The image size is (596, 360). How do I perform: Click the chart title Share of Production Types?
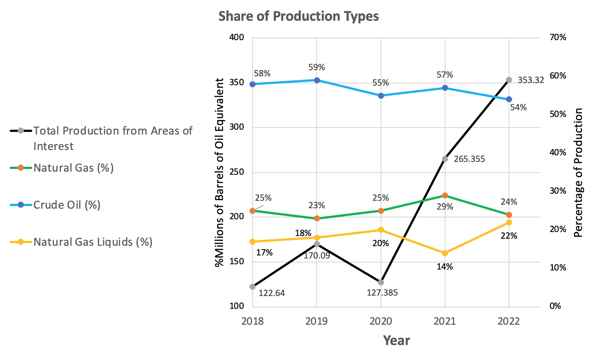[x=299, y=16]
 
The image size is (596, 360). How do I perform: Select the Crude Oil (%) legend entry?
[x=67, y=205]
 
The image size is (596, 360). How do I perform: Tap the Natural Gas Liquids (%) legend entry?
[x=93, y=242]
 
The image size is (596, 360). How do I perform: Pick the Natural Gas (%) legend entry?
[x=73, y=168]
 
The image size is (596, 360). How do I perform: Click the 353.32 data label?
[x=531, y=80]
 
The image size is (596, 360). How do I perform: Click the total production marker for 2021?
[x=445, y=159]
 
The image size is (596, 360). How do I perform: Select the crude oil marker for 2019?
[x=317, y=80]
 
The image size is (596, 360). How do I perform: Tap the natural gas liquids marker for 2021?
[x=445, y=253]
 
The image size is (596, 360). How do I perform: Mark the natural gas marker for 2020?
[x=381, y=210]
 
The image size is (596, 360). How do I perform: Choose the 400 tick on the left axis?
[x=238, y=38]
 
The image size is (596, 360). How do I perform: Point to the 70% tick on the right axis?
[x=558, y=38]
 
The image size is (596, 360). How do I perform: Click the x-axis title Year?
[x=396, y=341]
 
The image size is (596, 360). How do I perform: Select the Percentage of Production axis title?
[x=578, y=172]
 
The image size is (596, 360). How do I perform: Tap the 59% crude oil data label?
[x=317, y=67]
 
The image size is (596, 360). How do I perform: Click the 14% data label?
[x=445, y=266]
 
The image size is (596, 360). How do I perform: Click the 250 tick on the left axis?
[x=238, y=172]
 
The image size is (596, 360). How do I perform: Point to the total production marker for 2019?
[x=317, y=244]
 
